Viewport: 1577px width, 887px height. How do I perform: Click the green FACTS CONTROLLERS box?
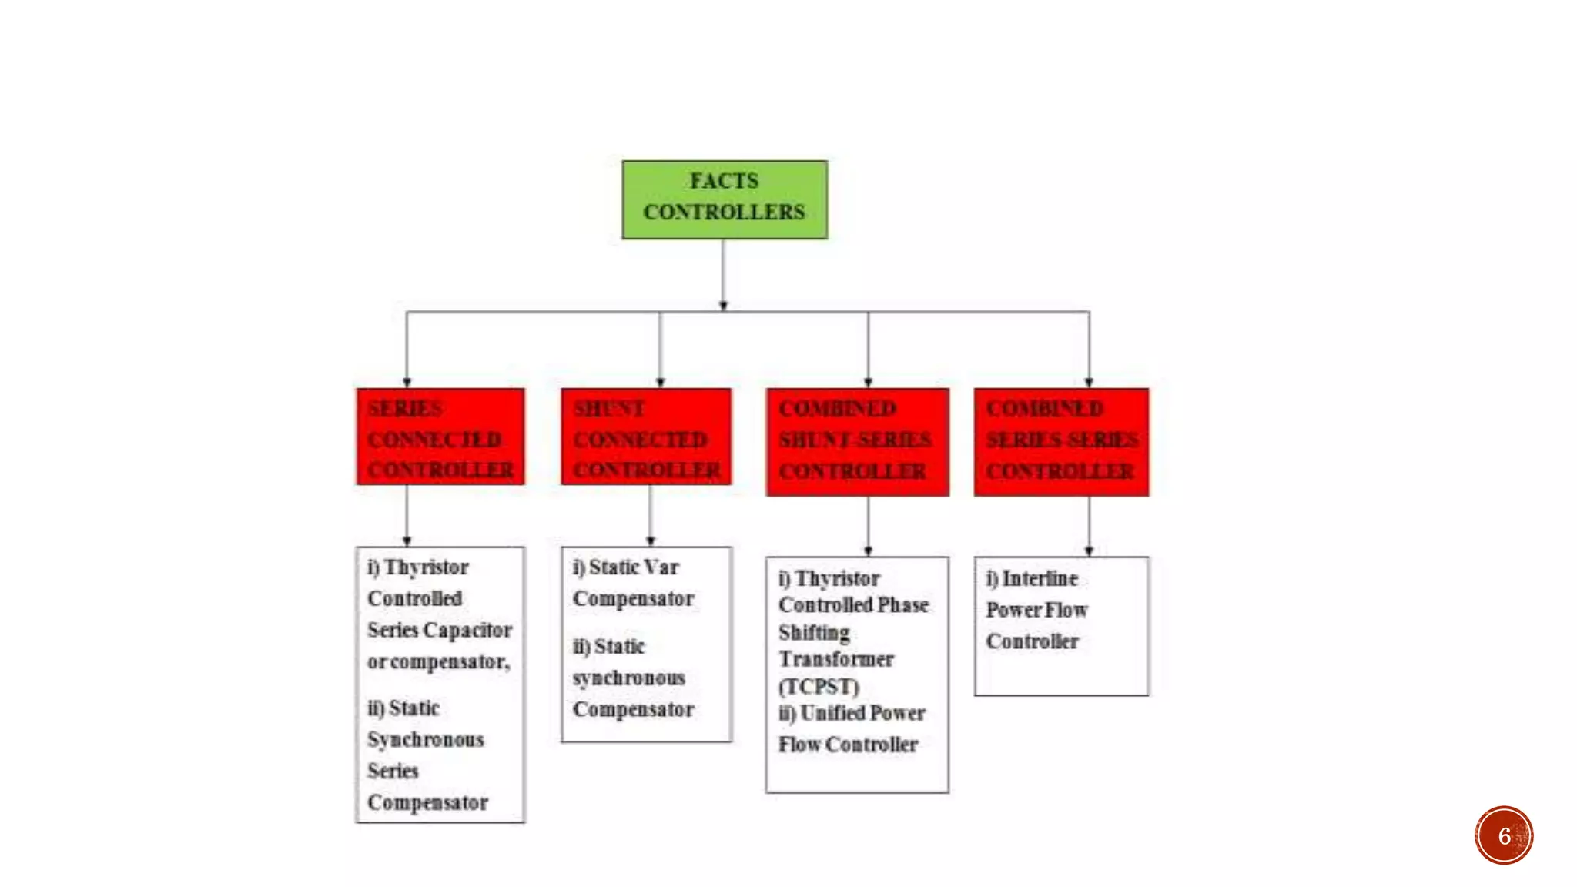(x=724, y=199)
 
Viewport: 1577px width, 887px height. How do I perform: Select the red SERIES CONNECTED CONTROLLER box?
(x=440, y=437)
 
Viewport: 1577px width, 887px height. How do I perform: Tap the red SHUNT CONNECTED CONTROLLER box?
(x=646, y=437)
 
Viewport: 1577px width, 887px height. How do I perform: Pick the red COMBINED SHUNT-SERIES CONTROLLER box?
(x=857, y=442)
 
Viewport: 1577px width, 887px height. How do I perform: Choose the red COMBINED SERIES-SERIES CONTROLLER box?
(x=1061, y=442)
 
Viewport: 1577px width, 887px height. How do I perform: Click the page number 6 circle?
(x=1504, y=835)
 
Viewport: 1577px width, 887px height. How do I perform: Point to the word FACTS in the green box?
(x=724, y=181)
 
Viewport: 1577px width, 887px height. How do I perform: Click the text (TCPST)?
(x=819, y=686)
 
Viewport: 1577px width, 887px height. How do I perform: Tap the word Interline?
(x=1040, y=578)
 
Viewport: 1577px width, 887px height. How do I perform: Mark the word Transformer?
(x=836, y=659)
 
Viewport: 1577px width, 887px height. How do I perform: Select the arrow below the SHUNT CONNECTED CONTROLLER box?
(x=651, y=516)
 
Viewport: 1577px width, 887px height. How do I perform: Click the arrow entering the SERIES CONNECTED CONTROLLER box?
(x=407, y=350)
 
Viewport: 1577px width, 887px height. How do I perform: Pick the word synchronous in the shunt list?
(x=628, y=678)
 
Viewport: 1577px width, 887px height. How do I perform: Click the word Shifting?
(x=814, y=632)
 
